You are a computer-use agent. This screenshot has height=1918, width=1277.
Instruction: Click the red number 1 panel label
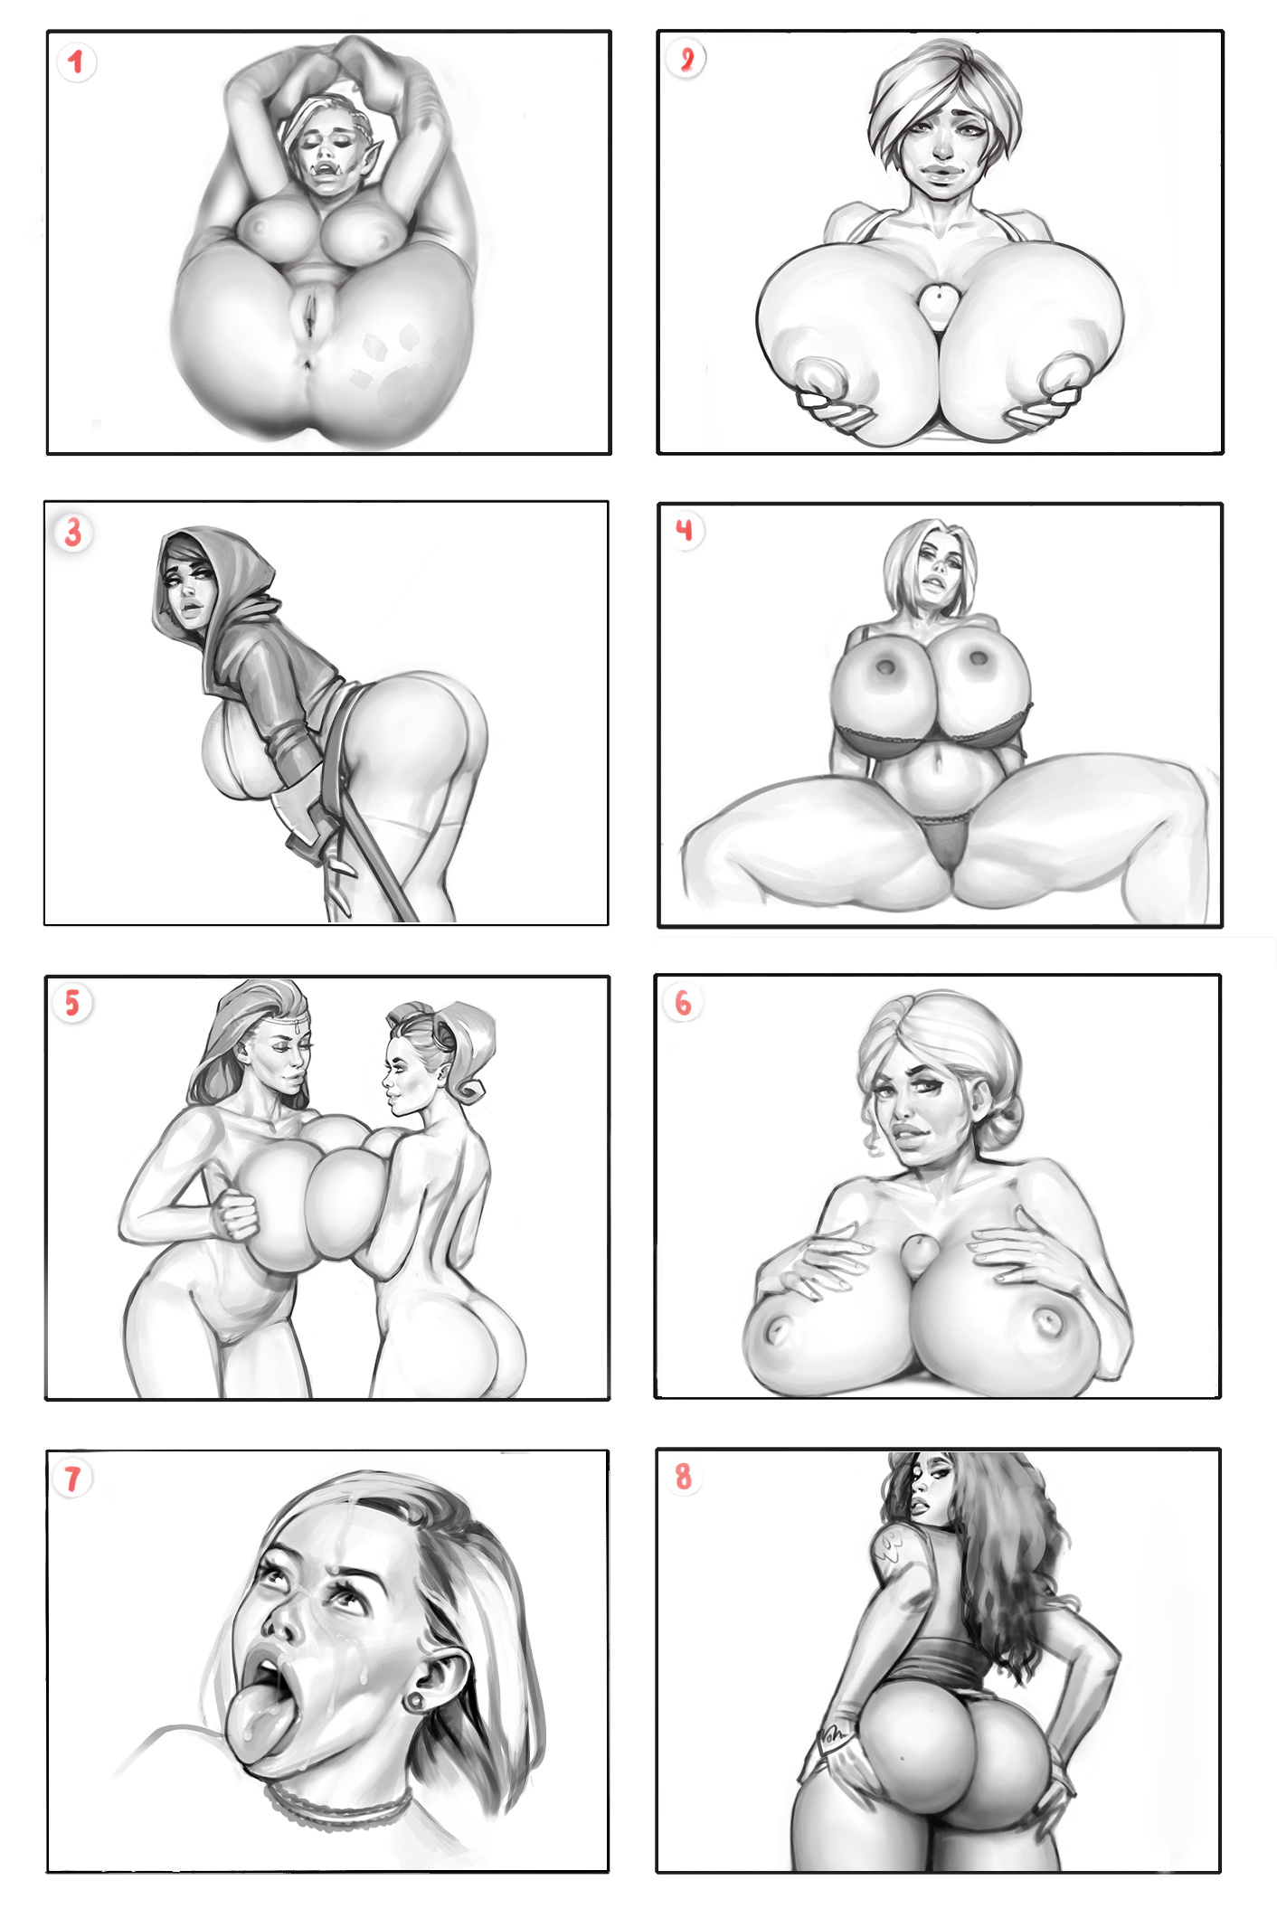pos(76,61)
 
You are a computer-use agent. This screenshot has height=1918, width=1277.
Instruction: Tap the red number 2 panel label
pos(686,60)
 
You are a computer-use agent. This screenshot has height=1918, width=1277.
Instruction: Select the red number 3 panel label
pos(73,533)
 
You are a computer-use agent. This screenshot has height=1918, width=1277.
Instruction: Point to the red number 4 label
pos(685,528)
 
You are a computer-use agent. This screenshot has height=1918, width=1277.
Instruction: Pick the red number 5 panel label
pos(71,1003)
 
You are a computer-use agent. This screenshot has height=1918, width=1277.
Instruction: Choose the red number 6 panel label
pos(683,1002)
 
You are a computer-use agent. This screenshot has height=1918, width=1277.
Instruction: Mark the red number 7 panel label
pos(72,1479)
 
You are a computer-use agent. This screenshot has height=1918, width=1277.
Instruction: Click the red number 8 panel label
pos(683,1476)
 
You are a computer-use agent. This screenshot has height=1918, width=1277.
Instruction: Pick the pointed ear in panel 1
pos(374,150)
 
